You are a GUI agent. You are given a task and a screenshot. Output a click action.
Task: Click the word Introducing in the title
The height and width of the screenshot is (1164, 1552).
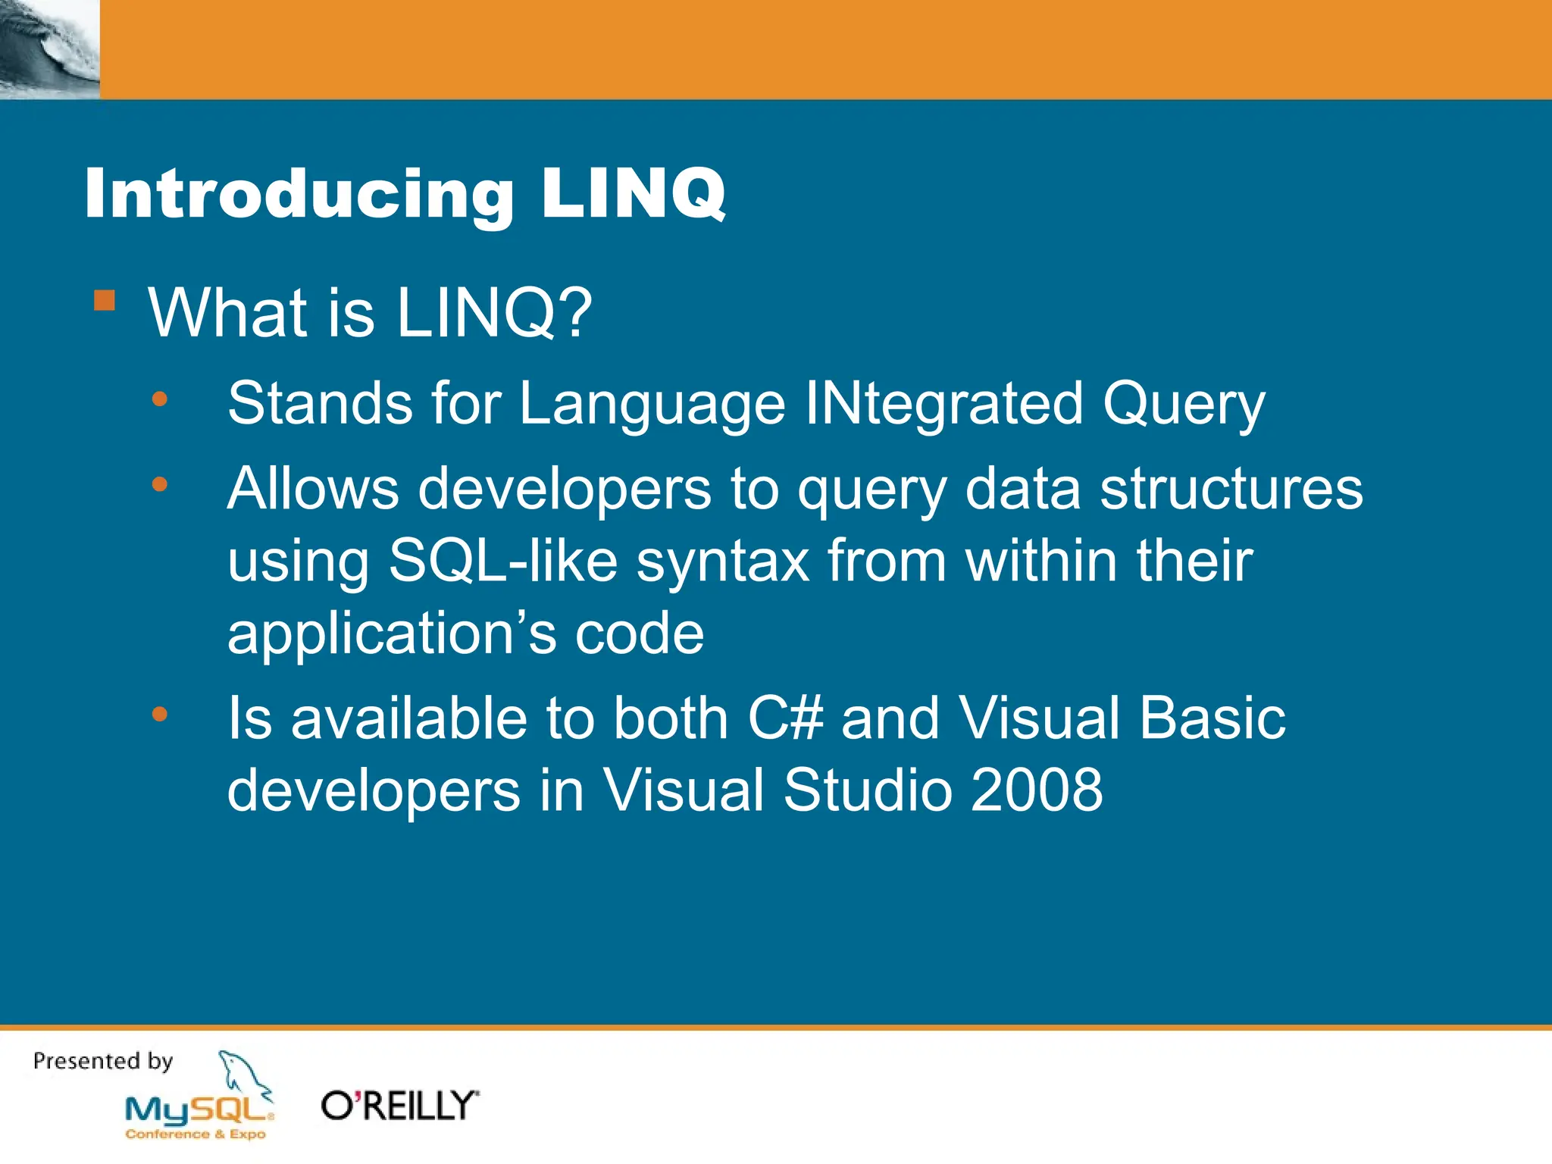tap(299, 195)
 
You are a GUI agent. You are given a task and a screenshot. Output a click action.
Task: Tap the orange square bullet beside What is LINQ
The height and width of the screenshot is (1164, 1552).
tap(105, 301)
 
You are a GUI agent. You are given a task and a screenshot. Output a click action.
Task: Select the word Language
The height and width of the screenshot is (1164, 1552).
tap(652, 404)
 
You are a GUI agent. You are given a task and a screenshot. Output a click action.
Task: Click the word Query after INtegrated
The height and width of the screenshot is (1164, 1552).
tap(1183, 404)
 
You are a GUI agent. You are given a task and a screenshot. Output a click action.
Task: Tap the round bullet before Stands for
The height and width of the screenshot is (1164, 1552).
tap(159, 399)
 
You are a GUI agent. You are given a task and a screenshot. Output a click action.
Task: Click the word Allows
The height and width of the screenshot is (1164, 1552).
tap(313, 489)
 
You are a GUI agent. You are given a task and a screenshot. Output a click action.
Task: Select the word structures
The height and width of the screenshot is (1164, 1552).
tap(1231, 489)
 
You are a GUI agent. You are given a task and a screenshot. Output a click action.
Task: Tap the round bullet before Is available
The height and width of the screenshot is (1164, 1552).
tap(159, 714)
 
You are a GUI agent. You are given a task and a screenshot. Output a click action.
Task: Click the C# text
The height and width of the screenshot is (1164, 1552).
tap(785, 718)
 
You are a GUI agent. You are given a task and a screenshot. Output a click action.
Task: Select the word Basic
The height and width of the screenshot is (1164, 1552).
tap(1212, 718)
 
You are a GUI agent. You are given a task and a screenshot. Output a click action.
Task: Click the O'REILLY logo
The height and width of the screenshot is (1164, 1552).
tap(399, 1106)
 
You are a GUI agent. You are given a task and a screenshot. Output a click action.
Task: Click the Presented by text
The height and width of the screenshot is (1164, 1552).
tap(103, 1060)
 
